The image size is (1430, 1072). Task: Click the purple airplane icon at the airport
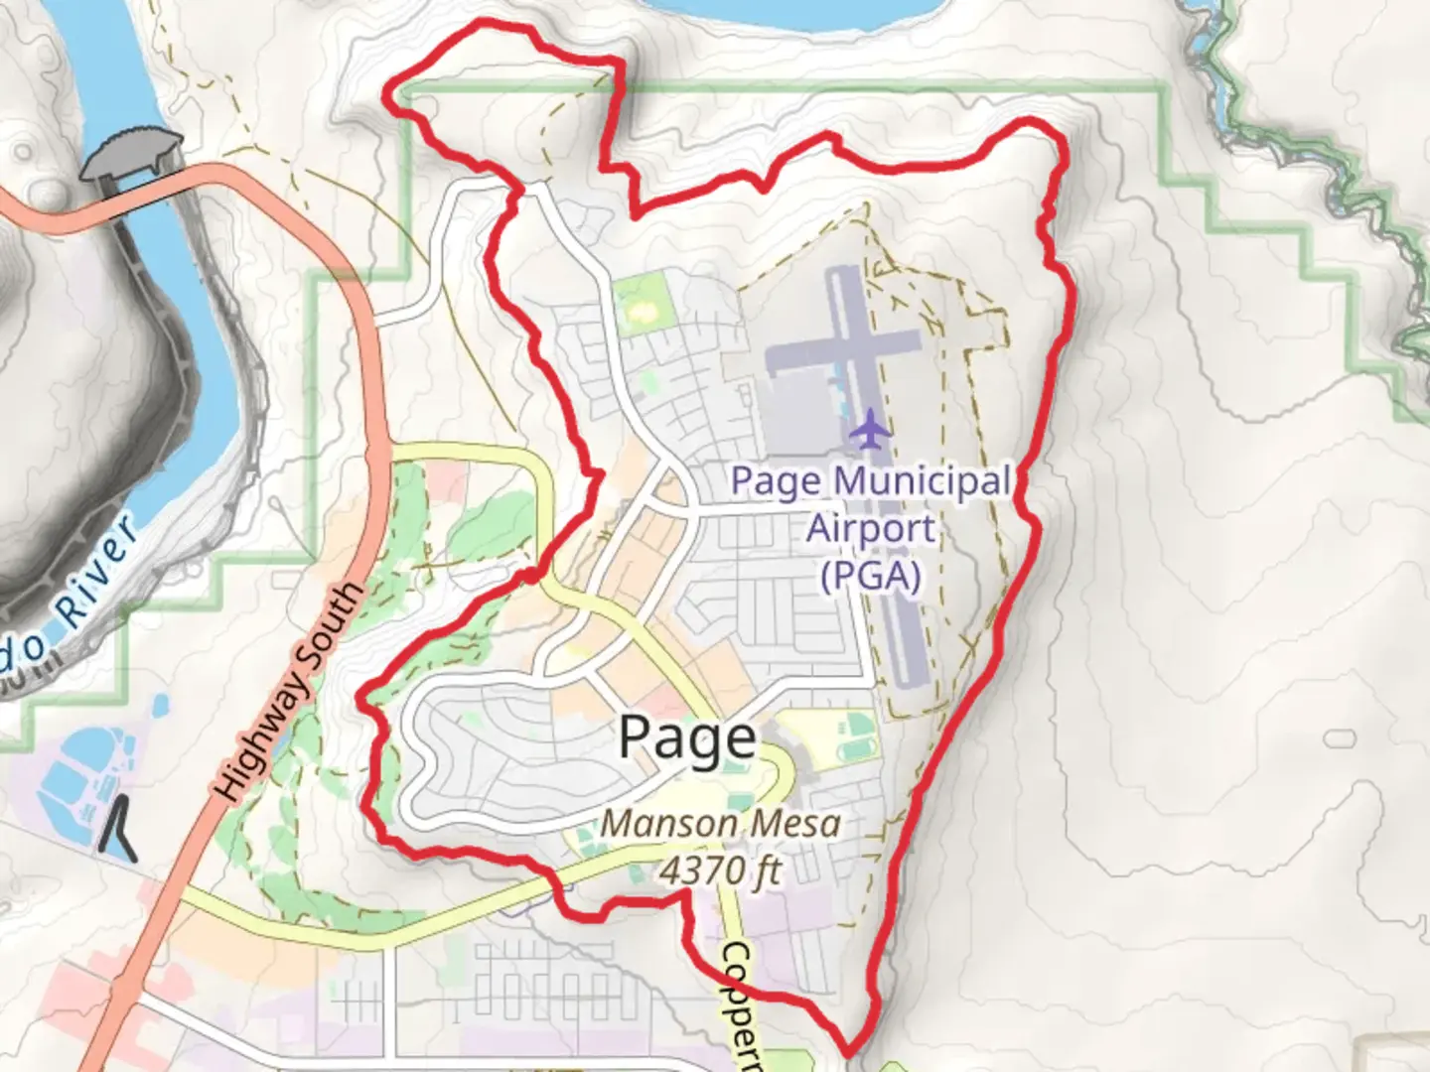tap(871, 429)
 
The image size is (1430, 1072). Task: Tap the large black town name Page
tap(687, 737)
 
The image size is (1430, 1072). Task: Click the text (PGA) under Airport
tap(871, 575)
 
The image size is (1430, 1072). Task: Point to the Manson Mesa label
tap(721, 823)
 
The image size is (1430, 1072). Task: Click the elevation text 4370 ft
tap(721, 871)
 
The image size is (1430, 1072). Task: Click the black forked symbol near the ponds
tap(120, 830)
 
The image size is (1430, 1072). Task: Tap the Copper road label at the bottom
tap(741, 1003)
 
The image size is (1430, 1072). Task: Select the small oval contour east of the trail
tap(1339, 738)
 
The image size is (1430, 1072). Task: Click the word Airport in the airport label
tap(871, 528)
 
